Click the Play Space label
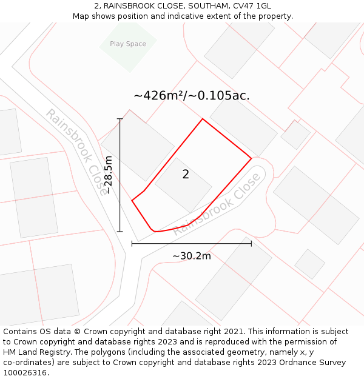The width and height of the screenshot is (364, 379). (x=128, y=44)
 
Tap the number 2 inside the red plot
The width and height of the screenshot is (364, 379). (x=186, y=175)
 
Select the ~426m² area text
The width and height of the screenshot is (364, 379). (x=159, y=96)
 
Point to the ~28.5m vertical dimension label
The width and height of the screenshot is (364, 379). (x=108, y=175)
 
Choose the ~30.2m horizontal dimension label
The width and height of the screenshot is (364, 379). (x=192, y=256)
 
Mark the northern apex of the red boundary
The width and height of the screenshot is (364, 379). (x=202, y=119)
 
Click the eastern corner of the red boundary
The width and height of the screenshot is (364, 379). (x=251, y=159)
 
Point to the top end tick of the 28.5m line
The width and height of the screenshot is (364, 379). (x=120, y=119)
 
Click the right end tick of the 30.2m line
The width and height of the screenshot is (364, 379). (x=251, y=244)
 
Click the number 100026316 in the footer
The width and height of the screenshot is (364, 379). (x=24, y=373)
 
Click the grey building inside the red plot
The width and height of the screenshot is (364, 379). (x=183, y=185)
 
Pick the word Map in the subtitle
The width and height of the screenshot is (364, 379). (x=82, y=16)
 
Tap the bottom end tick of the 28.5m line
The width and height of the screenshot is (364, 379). (x=120, y=231)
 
